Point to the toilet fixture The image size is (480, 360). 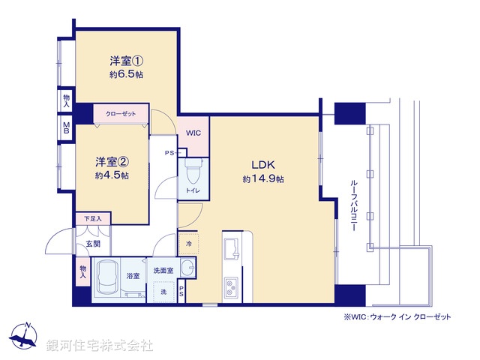click(x=192, y=173)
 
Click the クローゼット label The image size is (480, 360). click(x=120, y=113)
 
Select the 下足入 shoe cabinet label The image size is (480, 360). click(x=92, y=218)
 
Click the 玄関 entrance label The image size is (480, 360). click(x=92, y=244)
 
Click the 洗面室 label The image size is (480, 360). click(x=163, y=269)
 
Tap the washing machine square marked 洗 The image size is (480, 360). click(x=163, y=290)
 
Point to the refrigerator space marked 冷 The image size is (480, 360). click(x=188, y=244)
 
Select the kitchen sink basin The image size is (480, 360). click(x=230, y=248)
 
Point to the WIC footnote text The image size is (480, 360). click(x=397, y=317)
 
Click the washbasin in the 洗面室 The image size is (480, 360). click(x=188, y=268)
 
